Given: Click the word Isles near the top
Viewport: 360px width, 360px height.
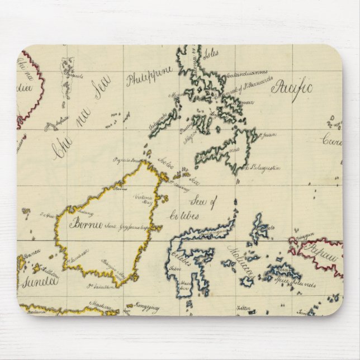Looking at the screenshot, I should [x=211, y=55].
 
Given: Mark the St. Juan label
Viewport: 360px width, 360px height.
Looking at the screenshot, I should [x=267, y=134].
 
